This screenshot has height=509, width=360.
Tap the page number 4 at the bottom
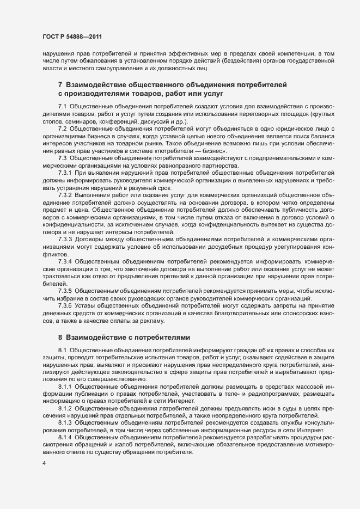[x=44, y=463]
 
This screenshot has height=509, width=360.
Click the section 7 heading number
[x=60, y=85]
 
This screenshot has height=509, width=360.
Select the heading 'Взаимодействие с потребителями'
[x=128, y=338]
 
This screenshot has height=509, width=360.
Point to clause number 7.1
[x=62, y=105]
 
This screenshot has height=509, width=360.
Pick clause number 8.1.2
[x=65, y=408]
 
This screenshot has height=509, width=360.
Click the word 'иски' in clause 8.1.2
[x=245, y=408]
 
